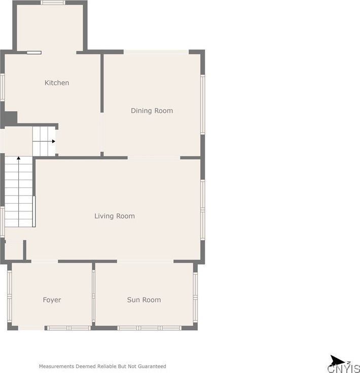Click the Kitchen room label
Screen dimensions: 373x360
pyautogui.click(x=57, y=83)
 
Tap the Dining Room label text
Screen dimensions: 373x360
pyautogui.click(x=152, y=110)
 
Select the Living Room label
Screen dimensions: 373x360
pyautogui.click(x=115, y=216)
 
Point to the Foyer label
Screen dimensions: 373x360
pyautogui.click(x=52, y=300)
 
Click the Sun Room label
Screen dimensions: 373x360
pyautogui.click(x=144, y=300)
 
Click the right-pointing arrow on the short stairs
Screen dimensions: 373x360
pyautogui.click(x=52, y=141)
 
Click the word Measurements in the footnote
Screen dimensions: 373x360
pyautogui.click(x=57, y=366)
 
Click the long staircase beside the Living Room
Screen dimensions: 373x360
pyautogui.click(x=19, y=193)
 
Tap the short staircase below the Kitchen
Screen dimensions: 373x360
pyautogui.click(x=44, y=141)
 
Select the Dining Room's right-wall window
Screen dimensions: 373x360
pyautogui.click(x=203, y=104)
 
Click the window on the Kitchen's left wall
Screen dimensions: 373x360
pyautogui.click(x=3, y=87)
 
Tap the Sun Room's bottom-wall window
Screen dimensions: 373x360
pyautogui.click(x=149, y=328)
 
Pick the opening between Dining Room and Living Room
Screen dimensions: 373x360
pyautogui.click(x=154, y=158)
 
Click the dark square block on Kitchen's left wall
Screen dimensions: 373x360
pyautogui.click(x=11, y=118)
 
